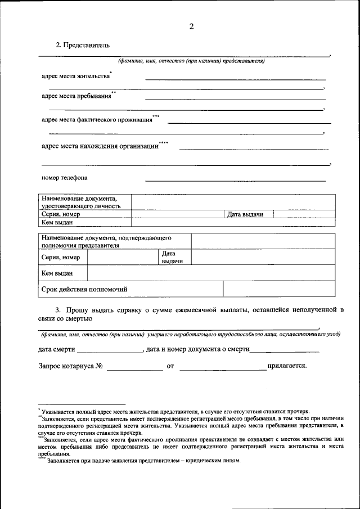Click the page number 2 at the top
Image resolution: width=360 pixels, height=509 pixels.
(191, 26)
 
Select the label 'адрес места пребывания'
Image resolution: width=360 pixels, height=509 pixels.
(76, 96)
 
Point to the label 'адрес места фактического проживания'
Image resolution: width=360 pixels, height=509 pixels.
(97, 120)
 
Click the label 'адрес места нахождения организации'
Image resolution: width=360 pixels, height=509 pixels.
(100, 146)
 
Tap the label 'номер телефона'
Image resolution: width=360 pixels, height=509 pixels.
(65, 178)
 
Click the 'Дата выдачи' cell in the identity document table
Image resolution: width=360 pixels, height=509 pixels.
(248, 214)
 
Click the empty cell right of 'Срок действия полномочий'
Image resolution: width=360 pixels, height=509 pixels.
(279, 289)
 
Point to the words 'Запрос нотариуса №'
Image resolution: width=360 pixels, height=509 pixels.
(70, 366)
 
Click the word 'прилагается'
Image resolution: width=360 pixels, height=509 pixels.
(287, 366)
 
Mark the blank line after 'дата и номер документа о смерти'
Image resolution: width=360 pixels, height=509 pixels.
(284, 350)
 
